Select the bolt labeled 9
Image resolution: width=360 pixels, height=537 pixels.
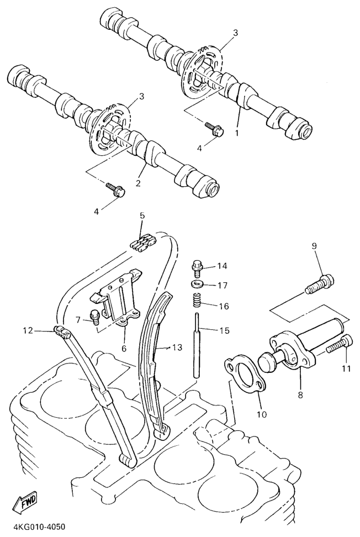[x=320, y=284]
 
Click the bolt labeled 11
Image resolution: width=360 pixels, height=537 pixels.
[x=339, y=345]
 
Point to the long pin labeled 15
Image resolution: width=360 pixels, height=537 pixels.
[x=197, y=345]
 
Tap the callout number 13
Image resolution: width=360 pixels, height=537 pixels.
[x=177, y=348]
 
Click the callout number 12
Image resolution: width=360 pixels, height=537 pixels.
[x=28, y=330]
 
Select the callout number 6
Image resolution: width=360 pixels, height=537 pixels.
[x=124, y=349]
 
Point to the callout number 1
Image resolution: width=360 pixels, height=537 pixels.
[x=236, y=133]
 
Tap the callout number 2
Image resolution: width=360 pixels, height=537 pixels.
[x=138, y=183]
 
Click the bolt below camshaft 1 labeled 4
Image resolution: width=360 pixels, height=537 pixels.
[x=215, y=129]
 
